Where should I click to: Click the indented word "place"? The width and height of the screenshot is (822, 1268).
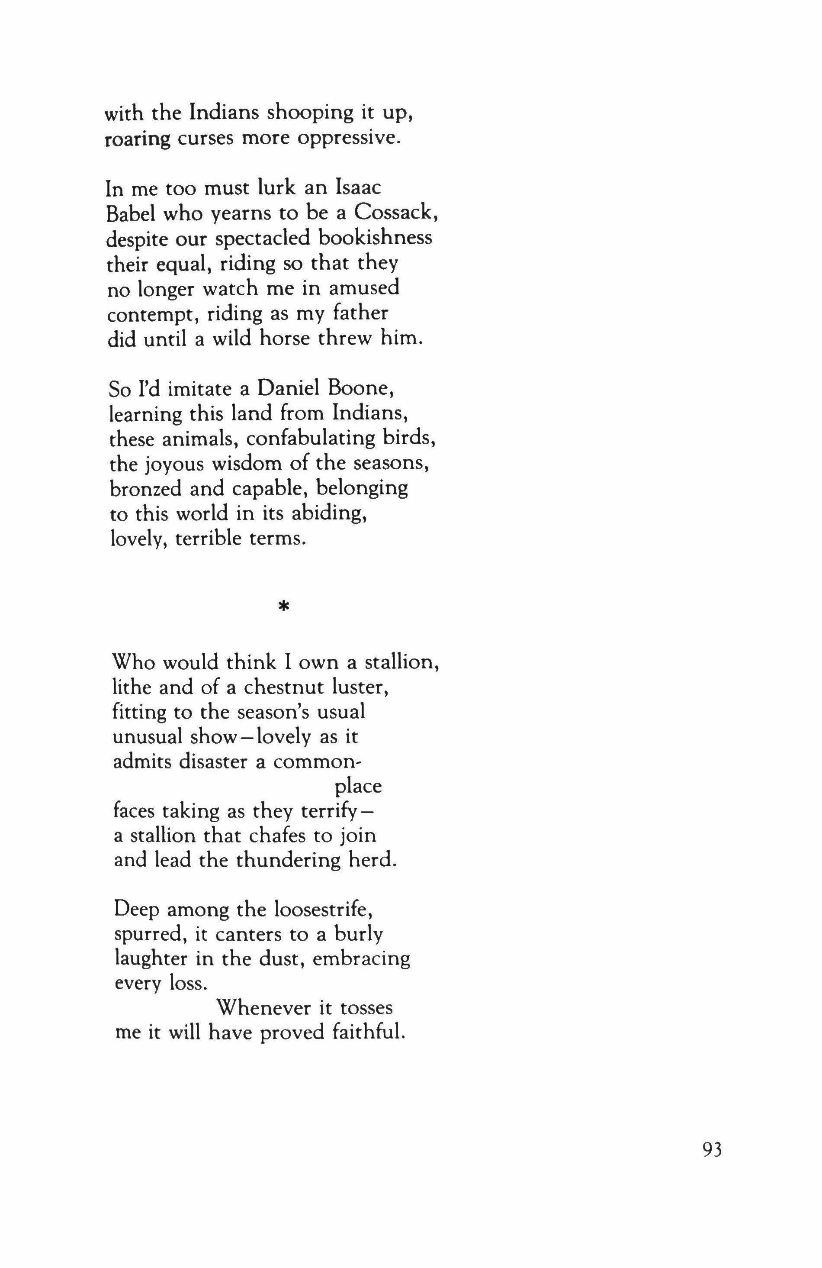359,786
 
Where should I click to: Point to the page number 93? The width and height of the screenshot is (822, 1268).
712,1160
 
